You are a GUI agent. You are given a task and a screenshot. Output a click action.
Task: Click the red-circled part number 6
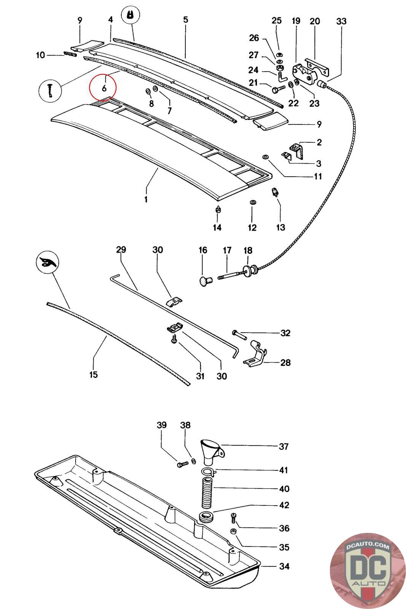(103, 88)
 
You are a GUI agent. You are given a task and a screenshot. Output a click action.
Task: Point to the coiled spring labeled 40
(206, 491)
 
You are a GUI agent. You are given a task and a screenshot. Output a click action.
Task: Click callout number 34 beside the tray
(284, 566)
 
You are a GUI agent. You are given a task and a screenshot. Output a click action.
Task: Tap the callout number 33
(341, 21)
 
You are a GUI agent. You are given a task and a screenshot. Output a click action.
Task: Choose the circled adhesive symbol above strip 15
(48, 262)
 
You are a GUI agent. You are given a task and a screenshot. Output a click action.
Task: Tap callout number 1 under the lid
(146, 199)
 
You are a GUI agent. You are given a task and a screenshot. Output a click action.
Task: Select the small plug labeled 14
(218, 210)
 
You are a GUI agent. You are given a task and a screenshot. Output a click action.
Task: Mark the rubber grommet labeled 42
(207, 518)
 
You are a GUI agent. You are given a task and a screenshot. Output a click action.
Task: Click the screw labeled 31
(174, 340)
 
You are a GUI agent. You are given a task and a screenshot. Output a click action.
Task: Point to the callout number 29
(121, 250)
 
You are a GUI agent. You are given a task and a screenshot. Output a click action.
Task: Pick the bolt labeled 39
(182, 464)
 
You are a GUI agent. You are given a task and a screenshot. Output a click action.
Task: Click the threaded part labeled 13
(275, 192)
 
